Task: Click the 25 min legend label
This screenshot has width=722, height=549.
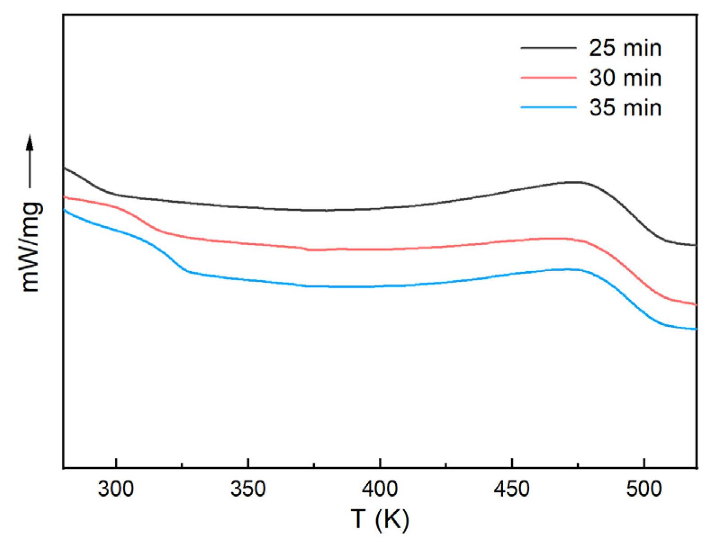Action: click(625, 48)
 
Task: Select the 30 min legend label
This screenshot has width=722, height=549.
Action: click(625, 78)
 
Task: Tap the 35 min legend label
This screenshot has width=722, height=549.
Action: click(625, 108)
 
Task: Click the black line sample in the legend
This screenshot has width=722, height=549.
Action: click(548, 47)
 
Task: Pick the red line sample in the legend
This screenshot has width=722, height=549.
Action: click(548, 78)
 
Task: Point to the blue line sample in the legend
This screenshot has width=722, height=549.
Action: click(548, 107)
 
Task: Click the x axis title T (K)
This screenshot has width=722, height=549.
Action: click(380, 519)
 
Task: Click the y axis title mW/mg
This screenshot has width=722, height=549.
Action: click(32, 247)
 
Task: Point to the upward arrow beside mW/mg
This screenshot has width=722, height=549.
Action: click(30, 160)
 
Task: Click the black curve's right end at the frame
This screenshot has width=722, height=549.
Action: click(695, 245)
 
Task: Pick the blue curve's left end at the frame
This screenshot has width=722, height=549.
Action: click(64, 210)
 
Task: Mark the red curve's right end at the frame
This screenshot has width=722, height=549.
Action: click(695, 305)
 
